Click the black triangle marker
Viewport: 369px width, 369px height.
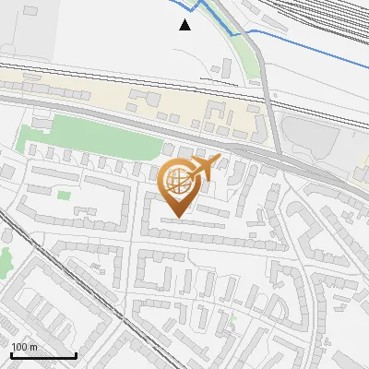(185, 25)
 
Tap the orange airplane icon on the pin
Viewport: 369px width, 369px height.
(203, 168)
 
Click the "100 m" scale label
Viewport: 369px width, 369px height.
(24, 347)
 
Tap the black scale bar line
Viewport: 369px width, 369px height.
(42, 355)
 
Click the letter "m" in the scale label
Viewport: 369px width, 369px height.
(33, 347)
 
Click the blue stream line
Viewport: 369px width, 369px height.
(304, 45)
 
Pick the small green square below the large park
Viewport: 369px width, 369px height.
(63, 195)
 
